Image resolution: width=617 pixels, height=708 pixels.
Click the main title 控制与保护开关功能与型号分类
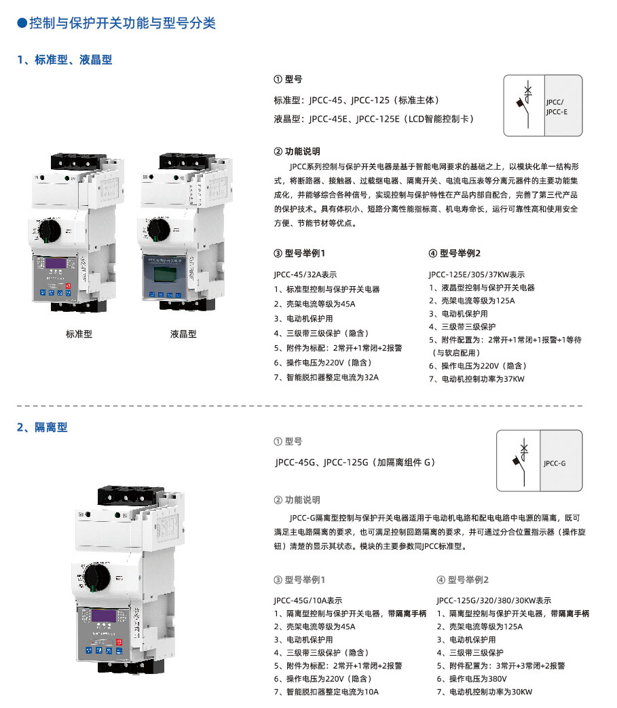pos(122,23)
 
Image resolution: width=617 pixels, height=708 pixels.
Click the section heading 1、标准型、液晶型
pos(64,60)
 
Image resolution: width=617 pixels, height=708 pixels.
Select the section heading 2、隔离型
pos(42,427)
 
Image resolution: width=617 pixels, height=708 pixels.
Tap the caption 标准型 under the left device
pos(79,334)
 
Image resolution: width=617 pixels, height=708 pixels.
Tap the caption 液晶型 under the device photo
pos(183,334)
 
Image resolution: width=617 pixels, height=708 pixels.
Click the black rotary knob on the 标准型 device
pos(50,230)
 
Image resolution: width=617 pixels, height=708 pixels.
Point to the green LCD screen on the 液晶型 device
pos(165,274)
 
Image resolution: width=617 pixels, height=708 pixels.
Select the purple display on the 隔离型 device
pos(104,616)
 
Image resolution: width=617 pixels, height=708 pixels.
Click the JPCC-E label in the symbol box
pos(557,112)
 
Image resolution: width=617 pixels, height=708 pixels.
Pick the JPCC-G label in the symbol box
pos(555,463)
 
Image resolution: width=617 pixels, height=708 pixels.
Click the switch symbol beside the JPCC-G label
pos(521,461)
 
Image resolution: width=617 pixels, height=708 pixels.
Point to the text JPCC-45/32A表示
pos(305,275)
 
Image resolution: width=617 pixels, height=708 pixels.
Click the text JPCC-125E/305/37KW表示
pos(476,275)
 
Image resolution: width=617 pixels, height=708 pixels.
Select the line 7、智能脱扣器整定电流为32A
pos(326,378)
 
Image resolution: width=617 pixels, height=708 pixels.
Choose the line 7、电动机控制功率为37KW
pos(476,379)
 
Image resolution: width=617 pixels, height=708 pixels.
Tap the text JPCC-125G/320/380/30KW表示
pos(494,601)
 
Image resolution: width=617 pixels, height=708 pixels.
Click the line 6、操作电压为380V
pos(472,679)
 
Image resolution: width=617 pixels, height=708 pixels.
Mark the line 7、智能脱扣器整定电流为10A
pos(326,692)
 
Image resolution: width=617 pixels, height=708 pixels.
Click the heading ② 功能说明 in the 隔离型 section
pos(297,500)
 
